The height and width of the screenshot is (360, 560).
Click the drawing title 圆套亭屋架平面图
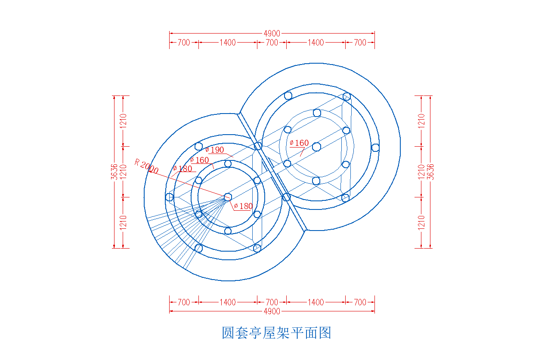pyautogui.click(x=276, y=333)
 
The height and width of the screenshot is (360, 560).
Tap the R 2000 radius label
pyautogui.click(x=146, y=166)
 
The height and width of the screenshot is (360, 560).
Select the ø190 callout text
pyautogui.click(x=215, y=150)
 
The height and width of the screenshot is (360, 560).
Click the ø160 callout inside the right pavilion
pyautogui.click(x=299, y=143)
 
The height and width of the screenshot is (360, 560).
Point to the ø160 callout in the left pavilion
pyautogui.click(x=199, y=160)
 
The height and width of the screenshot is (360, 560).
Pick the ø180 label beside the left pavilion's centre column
pyautogui.click(x=243, y=206)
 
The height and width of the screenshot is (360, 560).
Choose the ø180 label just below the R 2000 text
pyautogui.click(x=183, y=169)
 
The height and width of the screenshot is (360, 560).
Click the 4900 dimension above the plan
pyautogui.click(x=272, y=33)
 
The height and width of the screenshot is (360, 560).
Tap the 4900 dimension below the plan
pyautogui.click(x=272, y=311)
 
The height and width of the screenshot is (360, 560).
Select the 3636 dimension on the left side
pyautogui.click(x=114, y=172)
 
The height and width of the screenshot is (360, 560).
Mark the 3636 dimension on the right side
pyautogui.click(x=430, y=172)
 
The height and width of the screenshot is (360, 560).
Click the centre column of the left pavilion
pyautogui.click(x=228, y=197)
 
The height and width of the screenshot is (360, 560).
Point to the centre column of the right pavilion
pyautogui.click(x=316, y=147)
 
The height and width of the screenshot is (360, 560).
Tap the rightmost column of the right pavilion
pyautogui.click(x=375, y=148)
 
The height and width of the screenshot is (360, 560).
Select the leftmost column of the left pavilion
pyautogui.click(x=170, y=197)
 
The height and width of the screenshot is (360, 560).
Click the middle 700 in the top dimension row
pyautogui.click(x=272, y=43)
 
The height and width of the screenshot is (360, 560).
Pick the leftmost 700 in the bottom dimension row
pyautogui.click(x=184, y=302)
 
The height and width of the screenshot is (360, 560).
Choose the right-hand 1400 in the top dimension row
pyautogui.click(x=316, y=43)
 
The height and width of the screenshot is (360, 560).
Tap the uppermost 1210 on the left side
pyautogui.click(x=123, y=121)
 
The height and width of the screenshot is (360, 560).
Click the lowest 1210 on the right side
pyautogui.click(x=421, y=223)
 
